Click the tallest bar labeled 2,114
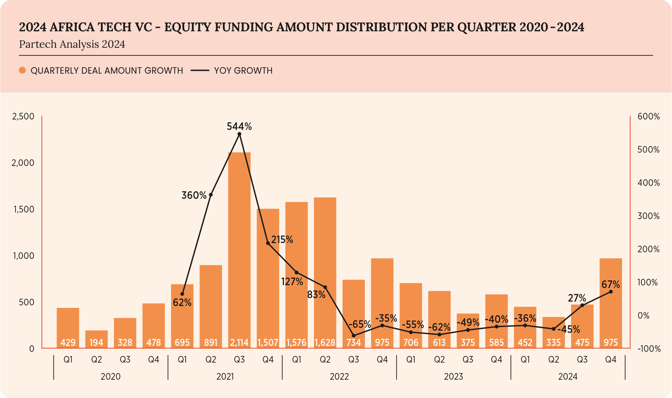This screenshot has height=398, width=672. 239,247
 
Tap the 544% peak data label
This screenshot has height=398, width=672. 239,127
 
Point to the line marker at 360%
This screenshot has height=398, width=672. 211,195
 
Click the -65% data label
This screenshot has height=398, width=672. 360,324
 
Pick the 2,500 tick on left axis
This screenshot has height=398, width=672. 23,117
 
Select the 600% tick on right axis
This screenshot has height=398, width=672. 649,117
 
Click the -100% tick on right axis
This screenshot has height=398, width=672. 649,349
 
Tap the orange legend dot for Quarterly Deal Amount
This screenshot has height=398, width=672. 22,70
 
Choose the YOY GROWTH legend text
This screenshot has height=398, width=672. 243,70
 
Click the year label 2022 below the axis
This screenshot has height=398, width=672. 339,377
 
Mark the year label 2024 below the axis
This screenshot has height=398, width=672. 568,377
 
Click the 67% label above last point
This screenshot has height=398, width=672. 610,285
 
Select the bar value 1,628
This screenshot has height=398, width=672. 325,342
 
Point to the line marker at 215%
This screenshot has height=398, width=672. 268,243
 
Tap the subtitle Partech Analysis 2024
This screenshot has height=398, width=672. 72,44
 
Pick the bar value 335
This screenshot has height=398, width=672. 553,342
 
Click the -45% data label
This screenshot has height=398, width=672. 569,330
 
